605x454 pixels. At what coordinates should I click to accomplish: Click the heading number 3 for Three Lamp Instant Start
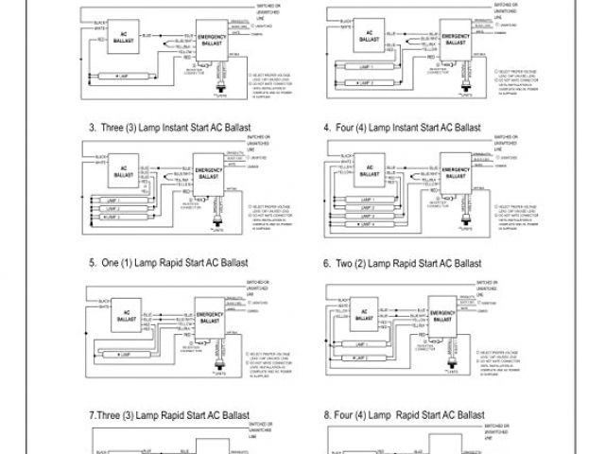(x=92, y=127)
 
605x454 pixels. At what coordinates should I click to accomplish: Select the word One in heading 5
(x=111, y=264)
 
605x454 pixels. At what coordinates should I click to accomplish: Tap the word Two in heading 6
(x=346, y=264)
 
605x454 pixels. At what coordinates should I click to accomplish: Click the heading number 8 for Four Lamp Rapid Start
(x=326, y=414)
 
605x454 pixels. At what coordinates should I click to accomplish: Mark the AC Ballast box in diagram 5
(x=124, y=313)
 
